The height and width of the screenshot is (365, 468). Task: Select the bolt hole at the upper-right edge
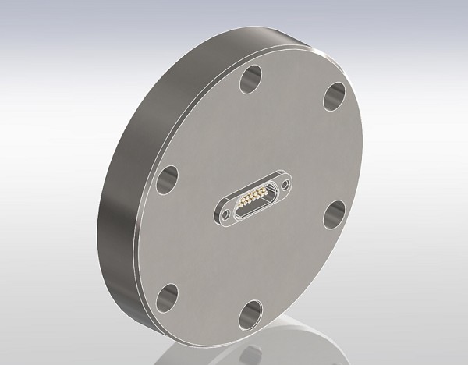click(335, 97)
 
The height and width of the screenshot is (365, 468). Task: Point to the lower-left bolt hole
click(166, 296)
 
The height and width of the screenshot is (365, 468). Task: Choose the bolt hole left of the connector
click(166, 182)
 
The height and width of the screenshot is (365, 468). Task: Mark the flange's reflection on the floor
click(312, 343)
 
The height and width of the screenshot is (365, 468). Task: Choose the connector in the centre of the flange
click(255, 198)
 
